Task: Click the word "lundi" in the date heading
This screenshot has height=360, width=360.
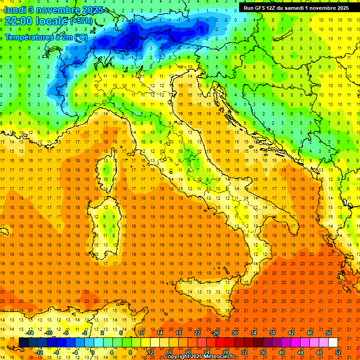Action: coord(15,9)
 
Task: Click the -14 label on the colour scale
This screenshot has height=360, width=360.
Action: coord(29,333)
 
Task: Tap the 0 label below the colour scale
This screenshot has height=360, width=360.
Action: coord(93,352)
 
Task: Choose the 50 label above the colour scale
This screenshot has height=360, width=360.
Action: coord(329,333)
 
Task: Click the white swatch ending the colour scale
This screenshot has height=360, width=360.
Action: coord(333,342)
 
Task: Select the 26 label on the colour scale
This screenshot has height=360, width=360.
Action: coord(216,333)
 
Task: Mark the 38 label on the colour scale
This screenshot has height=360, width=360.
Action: coord(272,333)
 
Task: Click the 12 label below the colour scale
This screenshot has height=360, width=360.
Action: coord(150,352)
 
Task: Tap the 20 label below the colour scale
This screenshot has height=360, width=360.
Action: coord(188,352)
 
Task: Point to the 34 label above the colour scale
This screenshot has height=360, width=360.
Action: coord(254,333)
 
